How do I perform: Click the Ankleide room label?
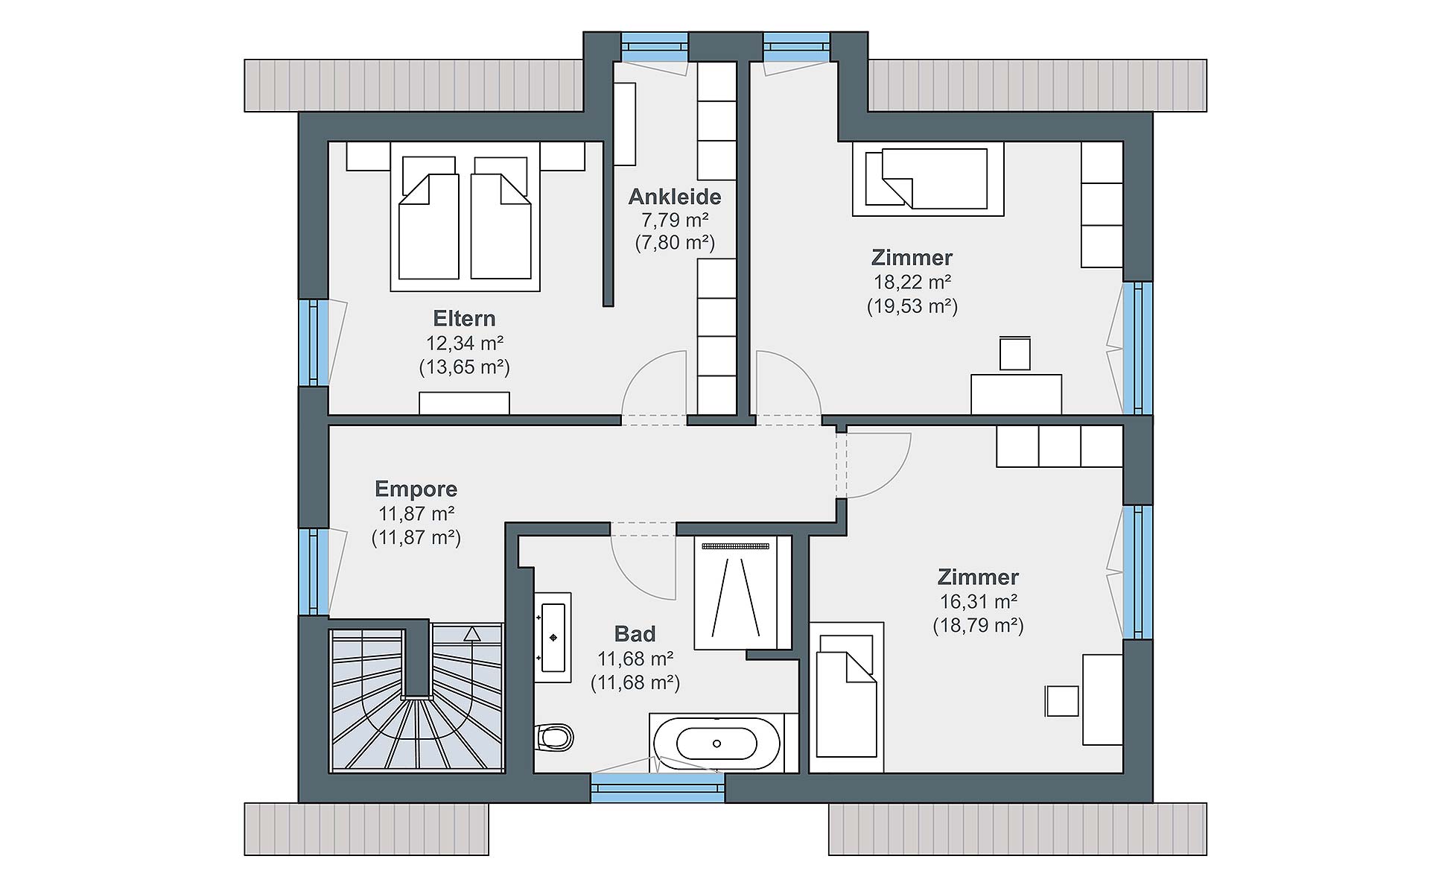coord(675,197)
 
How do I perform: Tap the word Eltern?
coord(464,319)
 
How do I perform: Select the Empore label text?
coord(416,489)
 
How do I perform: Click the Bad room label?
coord(635,634)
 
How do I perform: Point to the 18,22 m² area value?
coord(912,282)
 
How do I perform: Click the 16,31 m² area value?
coord(978,601)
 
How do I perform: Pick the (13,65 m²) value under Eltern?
coord(464,367)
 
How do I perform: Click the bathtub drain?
coord(716,744)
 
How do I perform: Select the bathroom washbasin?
coord(553,638)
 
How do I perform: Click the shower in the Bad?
coord(736,592)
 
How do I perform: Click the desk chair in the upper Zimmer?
coord(1015,353)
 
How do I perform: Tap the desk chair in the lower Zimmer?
coord(1062,701)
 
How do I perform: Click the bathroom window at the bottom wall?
coord(658,787)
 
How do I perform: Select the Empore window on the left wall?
coord(314,571)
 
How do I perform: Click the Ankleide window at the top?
coord(655,46)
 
